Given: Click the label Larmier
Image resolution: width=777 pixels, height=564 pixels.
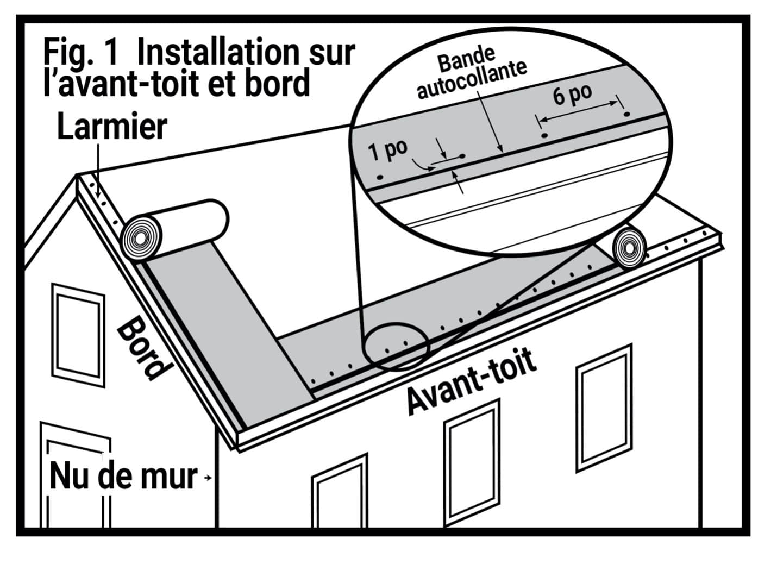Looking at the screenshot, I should (x=111, y=128).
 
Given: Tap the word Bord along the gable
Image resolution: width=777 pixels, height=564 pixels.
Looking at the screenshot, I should (x=140, y=348).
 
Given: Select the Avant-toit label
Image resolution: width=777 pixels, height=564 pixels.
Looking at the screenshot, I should (x=472, y=381).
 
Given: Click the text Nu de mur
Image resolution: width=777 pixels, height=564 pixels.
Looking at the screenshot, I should (x=123, y=477).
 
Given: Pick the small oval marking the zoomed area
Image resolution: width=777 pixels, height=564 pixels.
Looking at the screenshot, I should (x=396, y=348).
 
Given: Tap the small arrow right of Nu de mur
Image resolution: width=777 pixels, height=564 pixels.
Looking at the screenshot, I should (x=207, y=478).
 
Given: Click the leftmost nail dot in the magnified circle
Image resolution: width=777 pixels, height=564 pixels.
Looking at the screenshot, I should (x=380, y=177).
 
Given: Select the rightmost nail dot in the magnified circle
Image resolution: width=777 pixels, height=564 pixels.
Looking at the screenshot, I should (x=626, y=115).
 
